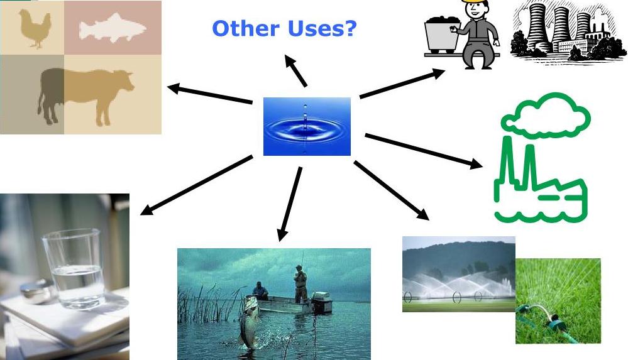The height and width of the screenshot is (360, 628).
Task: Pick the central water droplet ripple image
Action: point(307,126)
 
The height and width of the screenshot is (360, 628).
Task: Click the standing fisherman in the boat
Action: point(300,283)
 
